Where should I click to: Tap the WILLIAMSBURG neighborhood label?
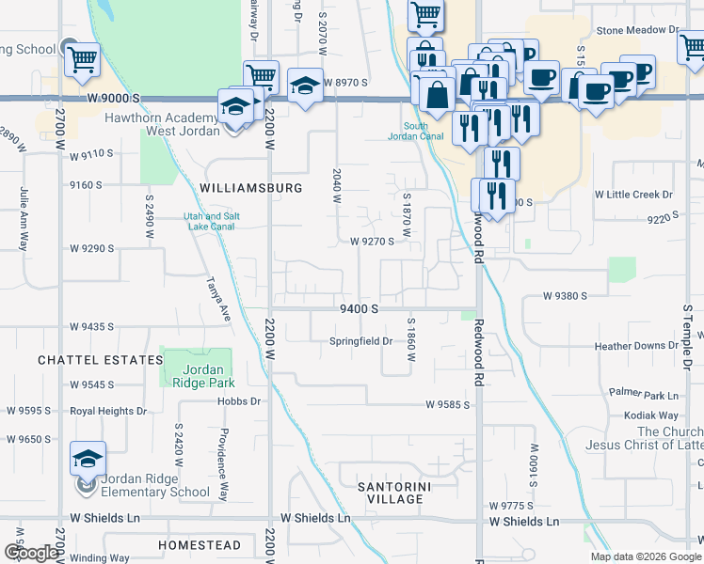coord(251,188)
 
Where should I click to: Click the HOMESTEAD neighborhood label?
coord(200,545)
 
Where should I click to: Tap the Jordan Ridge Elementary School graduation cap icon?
coord(88,460)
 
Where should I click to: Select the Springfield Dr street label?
coord(360,341)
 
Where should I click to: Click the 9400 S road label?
coord(359,308)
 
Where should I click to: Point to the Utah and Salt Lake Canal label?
coord(211,221)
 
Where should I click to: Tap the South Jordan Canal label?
coord(415,132)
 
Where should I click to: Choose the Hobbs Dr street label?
coord(240,401)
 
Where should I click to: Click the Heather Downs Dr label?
coord(636,346)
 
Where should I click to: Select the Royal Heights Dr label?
coord(108,411)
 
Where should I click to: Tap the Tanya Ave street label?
coord(218,300)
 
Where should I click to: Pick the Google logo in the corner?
coord(30,553)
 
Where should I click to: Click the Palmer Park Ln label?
coord(644,394)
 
